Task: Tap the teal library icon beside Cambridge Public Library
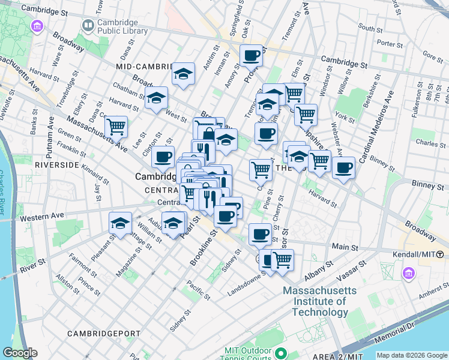[88, 25]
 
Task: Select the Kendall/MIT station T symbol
[440, 254]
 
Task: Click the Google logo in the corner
[19, 353]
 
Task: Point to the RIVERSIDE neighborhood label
[57, 164]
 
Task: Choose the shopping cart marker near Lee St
[116, 127]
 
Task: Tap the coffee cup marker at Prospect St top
[252, 56]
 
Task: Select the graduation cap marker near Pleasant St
[121, 223]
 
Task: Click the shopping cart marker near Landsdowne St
[282, 260]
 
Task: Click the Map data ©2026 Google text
[411, 355]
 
